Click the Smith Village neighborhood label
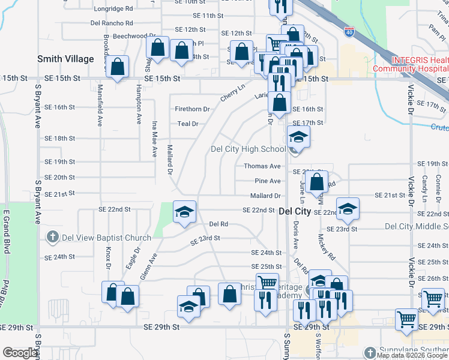coord(65,59)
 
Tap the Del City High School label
coord(248,149)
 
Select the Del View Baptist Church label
coord(104,238)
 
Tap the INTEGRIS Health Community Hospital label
coord(412,64)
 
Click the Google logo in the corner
coord(20,353)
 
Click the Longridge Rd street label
coord(113,9)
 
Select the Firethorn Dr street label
coord(192,109)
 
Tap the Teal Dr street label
coord(187,124)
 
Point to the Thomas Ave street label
coord(262,166)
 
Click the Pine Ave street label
coord(267,181)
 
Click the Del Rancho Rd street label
coord(111,23)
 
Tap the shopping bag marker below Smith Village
coord(118,67)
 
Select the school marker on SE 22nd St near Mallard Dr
coord(185,211)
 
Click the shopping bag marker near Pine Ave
coord(317,179)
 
